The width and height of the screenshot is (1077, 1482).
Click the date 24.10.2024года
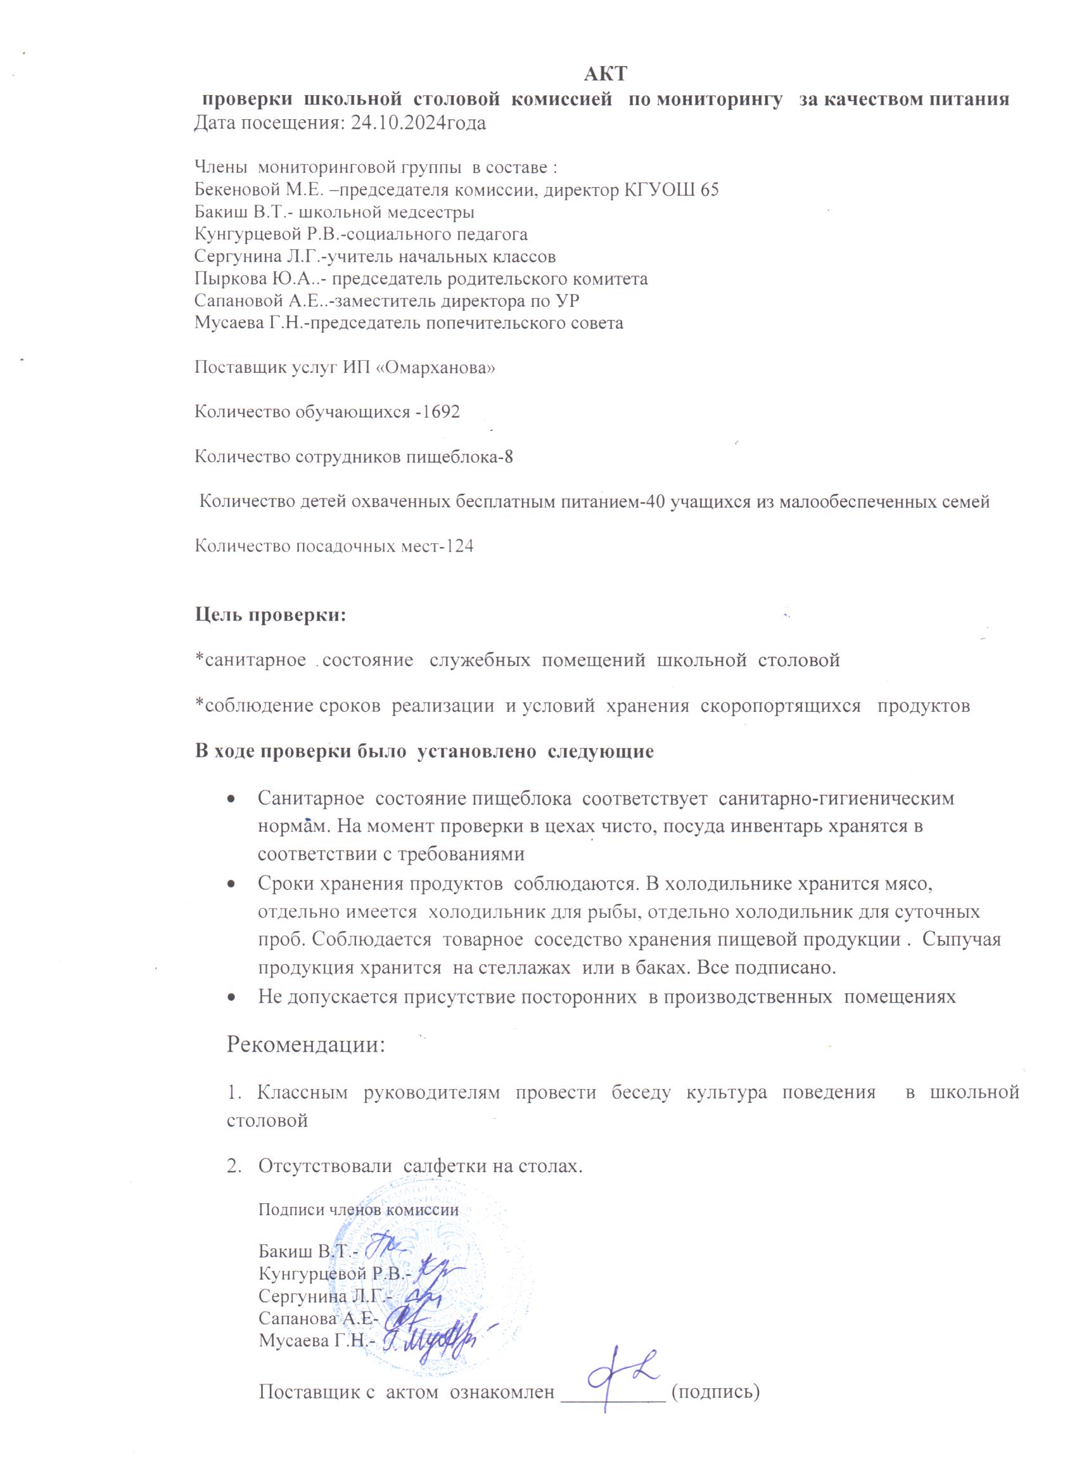(x=418, y=123)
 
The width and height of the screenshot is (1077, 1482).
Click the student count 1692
(x=442, y=411)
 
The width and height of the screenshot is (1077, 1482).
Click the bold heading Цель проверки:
(x=271, y=615)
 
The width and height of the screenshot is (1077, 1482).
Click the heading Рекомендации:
(x=305, y=1044)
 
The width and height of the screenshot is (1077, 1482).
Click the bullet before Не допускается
(x=232, y=997)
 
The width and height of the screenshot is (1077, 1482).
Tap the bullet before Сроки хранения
(x=232, y=884)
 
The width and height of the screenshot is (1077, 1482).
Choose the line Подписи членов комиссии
(x=359, y=1209)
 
